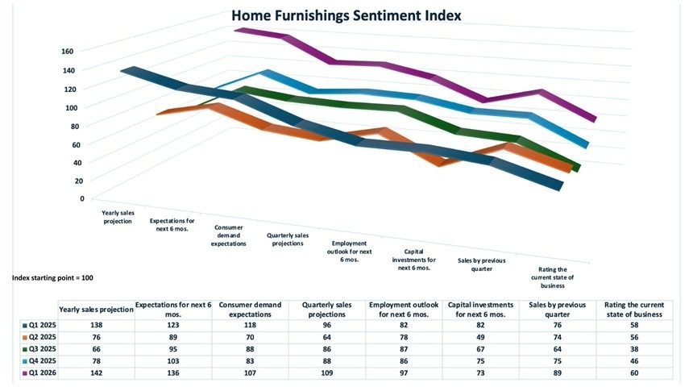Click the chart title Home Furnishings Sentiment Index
tap(346, 15)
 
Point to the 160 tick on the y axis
tap(67, 51)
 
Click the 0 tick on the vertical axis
tap(81, 198)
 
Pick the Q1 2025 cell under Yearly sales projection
tap(96, 323)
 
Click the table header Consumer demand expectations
tap(250, 310)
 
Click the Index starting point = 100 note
tap(53, 277)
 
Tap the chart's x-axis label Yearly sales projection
tap(117, 217)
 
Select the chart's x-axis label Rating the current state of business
tap(552, 277)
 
